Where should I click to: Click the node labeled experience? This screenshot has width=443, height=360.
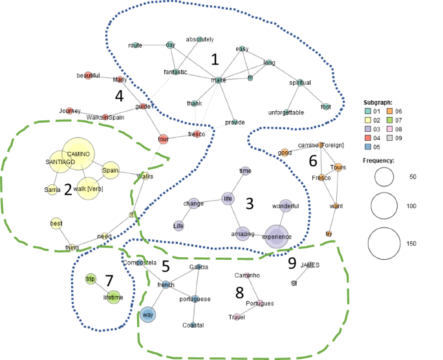click(276, 236)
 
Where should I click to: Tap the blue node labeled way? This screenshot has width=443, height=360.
click(149, 315)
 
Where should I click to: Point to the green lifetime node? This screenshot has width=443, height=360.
click(114, 297)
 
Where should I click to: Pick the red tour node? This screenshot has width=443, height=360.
click(163, 139)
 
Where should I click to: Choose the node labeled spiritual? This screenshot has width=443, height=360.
click(299, 83)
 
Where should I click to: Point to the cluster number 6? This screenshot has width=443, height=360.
click(312, 160)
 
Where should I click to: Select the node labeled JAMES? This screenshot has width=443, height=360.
click(310, 265)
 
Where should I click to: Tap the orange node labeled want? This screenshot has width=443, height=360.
click(336, 207)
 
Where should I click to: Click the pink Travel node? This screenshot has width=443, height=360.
click(236, 317)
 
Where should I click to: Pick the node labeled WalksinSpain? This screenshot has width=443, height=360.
click(105, 117)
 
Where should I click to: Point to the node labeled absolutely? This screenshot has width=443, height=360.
click(200, 39)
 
